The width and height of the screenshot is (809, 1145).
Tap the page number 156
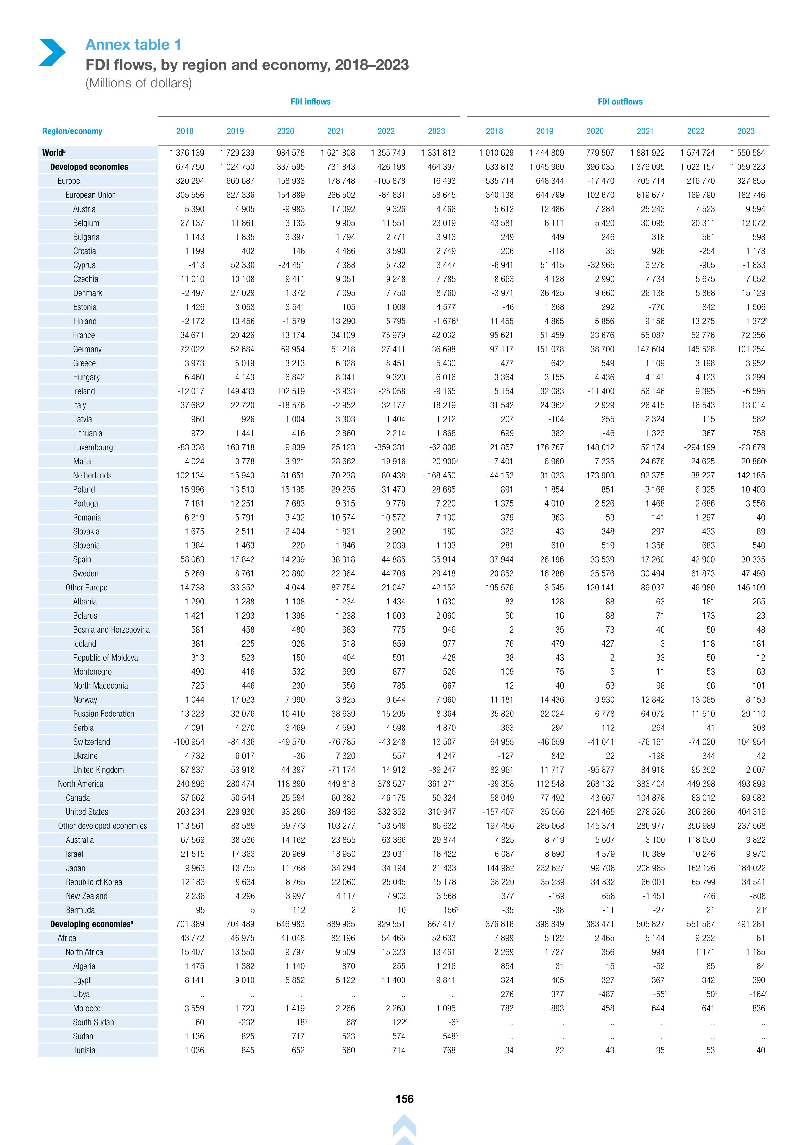[x=404, y=1099]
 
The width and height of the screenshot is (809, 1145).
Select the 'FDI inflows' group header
[x=311, y=102]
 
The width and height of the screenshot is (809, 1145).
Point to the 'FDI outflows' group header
[x=620, y=102]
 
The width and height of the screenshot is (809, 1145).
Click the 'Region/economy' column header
[x=72, y=131]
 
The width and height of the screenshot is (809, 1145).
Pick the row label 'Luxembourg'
[x=93, y=447]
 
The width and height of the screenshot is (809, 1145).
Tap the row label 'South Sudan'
[x=93, y=1022]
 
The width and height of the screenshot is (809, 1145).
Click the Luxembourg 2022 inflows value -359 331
[x=388, y=447]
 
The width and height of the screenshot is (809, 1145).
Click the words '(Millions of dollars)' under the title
[x=139, y=83]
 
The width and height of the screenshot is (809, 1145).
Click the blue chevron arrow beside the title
[x=52, y=52]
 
